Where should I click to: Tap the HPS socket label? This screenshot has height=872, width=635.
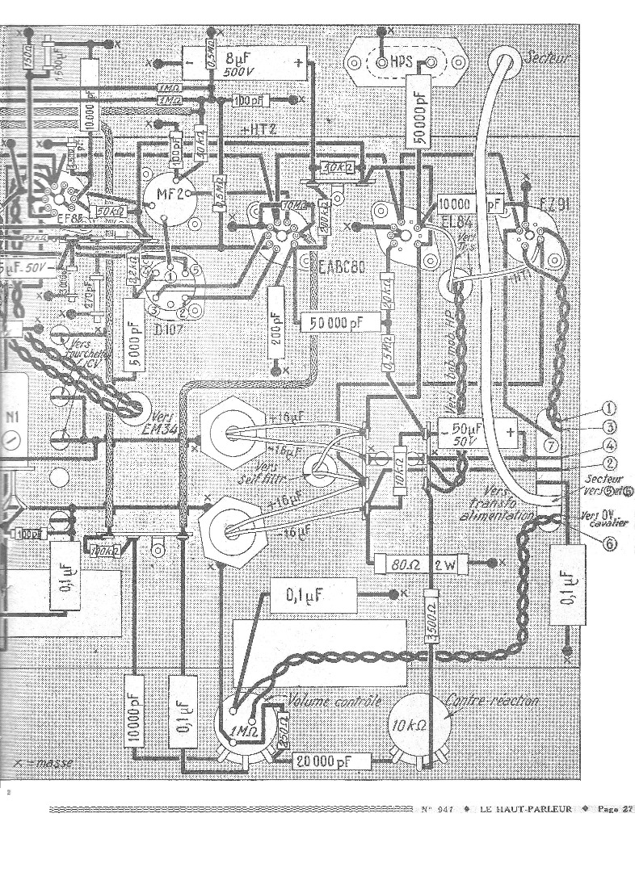coord(402,61)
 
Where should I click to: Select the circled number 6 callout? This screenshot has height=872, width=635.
coord(611,543)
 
